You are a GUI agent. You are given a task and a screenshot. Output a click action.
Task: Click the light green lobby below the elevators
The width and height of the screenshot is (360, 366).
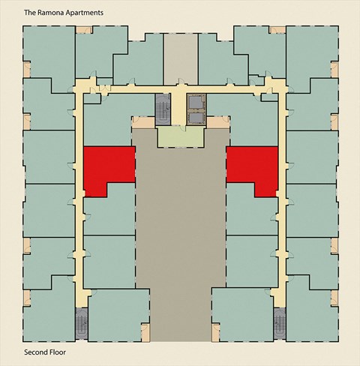[x=180, y=136]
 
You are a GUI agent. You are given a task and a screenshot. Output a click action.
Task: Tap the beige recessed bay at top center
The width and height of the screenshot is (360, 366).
[x=180, y=56]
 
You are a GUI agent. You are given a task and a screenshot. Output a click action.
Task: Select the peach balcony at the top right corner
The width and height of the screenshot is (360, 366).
[x=276, y=30]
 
